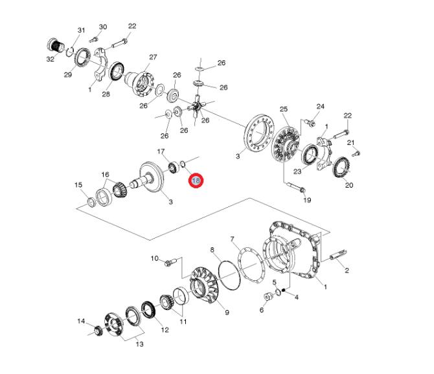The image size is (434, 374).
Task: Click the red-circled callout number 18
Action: click(x=196, y=181)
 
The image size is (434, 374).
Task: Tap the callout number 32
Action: click(x=50, y=58)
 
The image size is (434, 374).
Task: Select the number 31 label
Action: click(x=81, y=30)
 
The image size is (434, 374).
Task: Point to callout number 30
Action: click(x=102, y=27)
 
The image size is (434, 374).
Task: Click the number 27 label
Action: click(x=153, y=57)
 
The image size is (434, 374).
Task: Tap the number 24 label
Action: click(x=320, y=106)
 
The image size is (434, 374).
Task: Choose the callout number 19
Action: click(x=307, y=200)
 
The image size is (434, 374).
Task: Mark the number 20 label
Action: click(x=348, y=185)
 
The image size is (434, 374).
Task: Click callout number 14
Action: click(x=81, y=321)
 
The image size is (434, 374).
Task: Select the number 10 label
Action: click(x=155, y=258)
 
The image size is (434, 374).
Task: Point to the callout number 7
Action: click(x=232, y=239)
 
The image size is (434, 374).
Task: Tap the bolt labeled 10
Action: click(x=170, y=263)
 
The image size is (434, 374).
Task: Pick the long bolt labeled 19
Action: click(x=292, y=188)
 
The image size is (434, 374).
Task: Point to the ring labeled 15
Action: click(x=91, y=204)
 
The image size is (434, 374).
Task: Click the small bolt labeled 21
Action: click(x=356, y=153)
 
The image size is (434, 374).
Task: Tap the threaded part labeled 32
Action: click(x=56, y=45)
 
